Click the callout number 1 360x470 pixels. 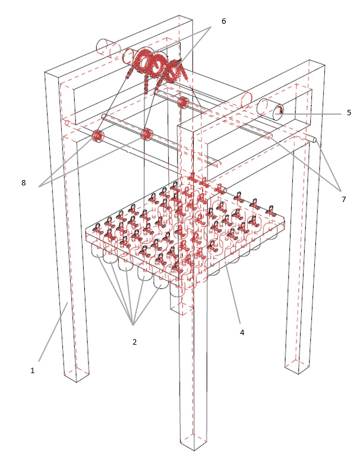click(32, 371)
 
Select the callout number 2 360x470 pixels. click(135, 342)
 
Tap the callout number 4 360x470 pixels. click(242, 332)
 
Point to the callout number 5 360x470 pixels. click(349, 113)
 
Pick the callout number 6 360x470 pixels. click(223, 21)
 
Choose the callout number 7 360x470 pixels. click(343, 199)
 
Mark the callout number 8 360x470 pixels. click(24, 182)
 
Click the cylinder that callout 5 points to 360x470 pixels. click(270, 109)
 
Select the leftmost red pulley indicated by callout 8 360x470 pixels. click(97, 136)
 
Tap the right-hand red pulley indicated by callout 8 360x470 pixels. click(147, 134)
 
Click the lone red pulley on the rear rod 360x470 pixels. click(182, 102)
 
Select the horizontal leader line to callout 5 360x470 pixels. click(310, 114)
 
